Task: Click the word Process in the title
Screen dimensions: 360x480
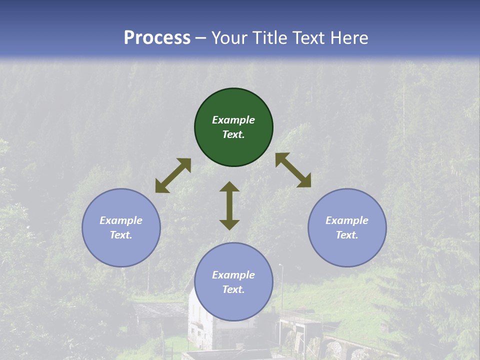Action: [x=157, y=38]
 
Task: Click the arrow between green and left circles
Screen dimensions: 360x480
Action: [x=173, y=175]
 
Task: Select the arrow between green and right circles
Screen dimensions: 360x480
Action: [x=293, y=170]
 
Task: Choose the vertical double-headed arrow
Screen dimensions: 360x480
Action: [x=229, y=205]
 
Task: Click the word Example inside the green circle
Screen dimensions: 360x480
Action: [x=233, y=120]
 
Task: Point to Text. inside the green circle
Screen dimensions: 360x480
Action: [x=233, y=134]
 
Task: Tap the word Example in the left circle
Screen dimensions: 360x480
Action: [x=121, y=220]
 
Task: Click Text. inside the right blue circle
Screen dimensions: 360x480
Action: [x=347, y=235]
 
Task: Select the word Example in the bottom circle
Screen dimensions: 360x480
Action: [x=233, y=275]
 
